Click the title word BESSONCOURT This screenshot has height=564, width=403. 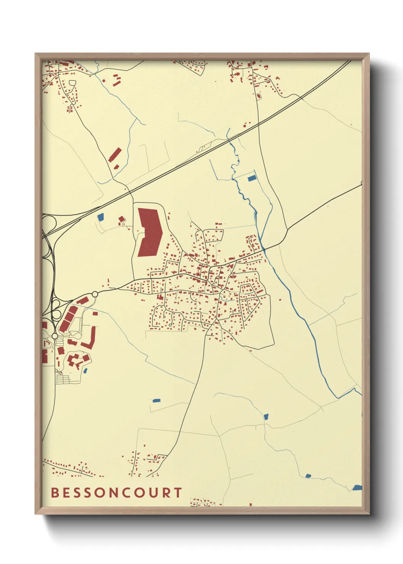coord(117,493)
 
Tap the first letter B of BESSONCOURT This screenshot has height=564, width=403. coord(55,493)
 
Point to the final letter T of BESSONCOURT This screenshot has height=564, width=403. coord(178,493)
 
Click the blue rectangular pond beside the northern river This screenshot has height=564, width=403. coord(251,178)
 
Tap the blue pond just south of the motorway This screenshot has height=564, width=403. coord(101,217)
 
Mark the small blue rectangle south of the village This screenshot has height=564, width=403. coord(156,401)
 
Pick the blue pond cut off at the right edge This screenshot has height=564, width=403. coord(357,487)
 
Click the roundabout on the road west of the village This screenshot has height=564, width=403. coord(94,294)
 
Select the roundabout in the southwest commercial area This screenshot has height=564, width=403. coord(55,336)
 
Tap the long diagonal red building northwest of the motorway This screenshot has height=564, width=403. coord(115,155)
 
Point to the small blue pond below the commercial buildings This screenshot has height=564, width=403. coord(85,370)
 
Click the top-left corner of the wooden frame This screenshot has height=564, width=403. coord(36,54)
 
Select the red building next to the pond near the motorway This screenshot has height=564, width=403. coord(122,219)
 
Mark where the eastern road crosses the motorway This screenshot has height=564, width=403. coord(259,123)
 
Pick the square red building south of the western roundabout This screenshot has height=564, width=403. coord(95,313)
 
